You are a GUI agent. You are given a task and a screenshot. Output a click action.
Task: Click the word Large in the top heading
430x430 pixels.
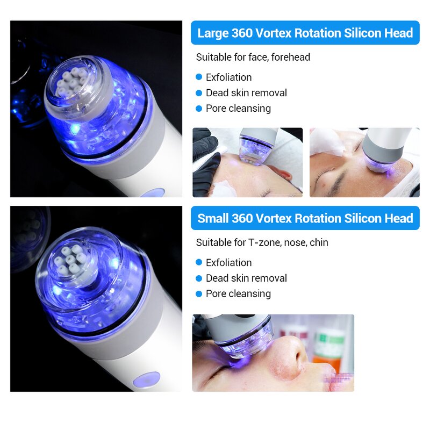[x=213, y=33]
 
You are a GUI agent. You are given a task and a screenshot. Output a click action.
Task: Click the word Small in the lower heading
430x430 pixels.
[x=213, y=219]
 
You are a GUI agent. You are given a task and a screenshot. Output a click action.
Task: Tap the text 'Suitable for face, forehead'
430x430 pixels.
[x=253, y=57]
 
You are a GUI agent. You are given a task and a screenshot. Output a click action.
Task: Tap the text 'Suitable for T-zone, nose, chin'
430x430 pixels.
[x=262, y=242]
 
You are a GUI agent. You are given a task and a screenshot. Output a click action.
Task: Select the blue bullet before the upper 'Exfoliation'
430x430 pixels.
[x=199, y=77]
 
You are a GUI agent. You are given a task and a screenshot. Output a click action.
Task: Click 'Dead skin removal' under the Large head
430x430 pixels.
[x=246, y=93]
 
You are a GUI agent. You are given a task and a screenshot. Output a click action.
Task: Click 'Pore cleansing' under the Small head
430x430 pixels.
[x=238, y=293]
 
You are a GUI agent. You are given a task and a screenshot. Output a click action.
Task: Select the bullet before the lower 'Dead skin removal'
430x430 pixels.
[x=199, y=278]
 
